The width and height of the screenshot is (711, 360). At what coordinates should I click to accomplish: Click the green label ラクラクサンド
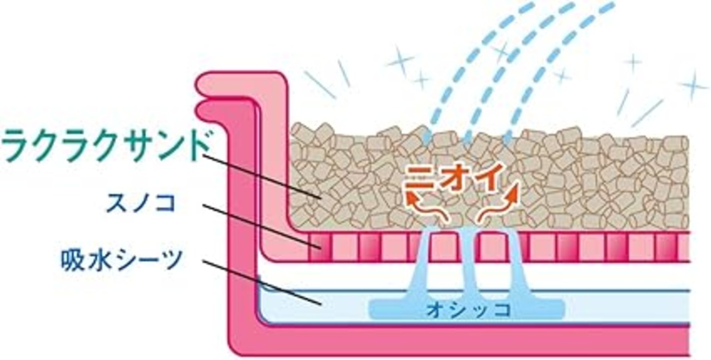pyautogui.click(x=106, y=146)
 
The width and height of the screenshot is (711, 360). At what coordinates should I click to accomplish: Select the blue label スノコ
pyautogui.click(x=141, y=204)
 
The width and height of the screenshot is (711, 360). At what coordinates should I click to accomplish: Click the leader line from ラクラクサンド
pyautogui.click(x=261, y=175)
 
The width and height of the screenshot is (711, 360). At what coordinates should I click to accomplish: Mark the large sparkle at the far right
pyautogui.click(x=693, y=84)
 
